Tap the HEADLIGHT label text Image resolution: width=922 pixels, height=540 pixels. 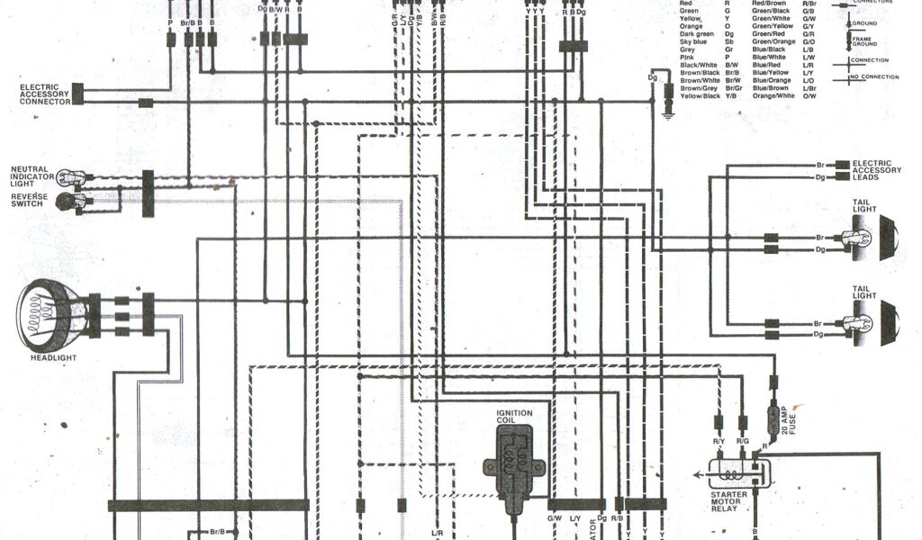click(x=53, y=358)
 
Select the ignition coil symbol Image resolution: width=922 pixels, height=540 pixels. click(x=514, y=461)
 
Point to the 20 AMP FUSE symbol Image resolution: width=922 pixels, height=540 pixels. click(x=773, y=418)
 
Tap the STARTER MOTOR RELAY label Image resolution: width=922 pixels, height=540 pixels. click(x=724, y=501)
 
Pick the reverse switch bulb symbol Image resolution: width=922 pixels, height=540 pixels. click(x=68, y=202)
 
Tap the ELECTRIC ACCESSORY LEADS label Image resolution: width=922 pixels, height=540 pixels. click(x=876, y=170)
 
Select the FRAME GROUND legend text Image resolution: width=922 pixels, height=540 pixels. click(x=865, y=41)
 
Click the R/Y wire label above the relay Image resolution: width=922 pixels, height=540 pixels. click(x=719, y=442)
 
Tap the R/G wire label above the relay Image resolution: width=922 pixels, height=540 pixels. click(x=743, y=442)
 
